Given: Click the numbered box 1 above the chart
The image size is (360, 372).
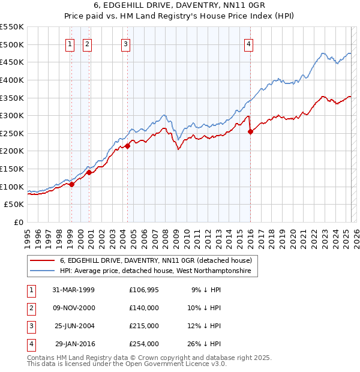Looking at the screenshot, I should click(x=70, y=43).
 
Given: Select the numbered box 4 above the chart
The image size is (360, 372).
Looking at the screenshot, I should click(x=248, y=43).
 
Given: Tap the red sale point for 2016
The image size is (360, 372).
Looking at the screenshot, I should click(x=250, y=132).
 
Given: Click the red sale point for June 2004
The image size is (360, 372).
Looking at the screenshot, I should click(x=128, y=146).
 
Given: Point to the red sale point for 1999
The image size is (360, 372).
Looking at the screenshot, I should click(x=72, y=184).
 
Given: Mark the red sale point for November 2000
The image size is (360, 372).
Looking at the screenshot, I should click(x=89, y=172).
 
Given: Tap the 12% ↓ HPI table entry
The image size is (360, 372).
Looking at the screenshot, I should click(x=206, y=326).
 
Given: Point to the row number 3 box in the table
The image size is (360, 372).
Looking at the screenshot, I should click(x=30, y=326).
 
